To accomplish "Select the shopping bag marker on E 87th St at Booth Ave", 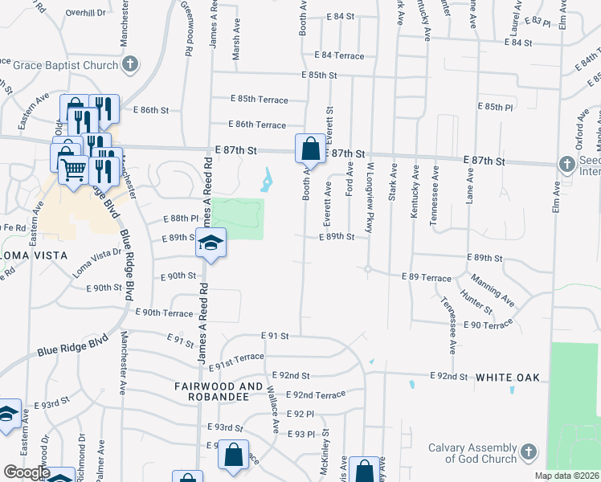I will [x=310, y=149].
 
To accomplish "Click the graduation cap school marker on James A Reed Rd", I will [x=211, y=243].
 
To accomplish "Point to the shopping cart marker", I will [x=74, y=170].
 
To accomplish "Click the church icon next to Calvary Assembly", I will [x=528, y=452].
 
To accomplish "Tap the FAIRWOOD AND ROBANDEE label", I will [x=219, y=391].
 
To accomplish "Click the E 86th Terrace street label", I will [x=256, y=125].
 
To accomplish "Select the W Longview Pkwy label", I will [x=370, y=198].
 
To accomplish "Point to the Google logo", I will [x=26, y=472].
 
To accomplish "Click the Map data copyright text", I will [x=566, y=476].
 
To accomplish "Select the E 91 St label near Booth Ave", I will [x=274, y=335].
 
